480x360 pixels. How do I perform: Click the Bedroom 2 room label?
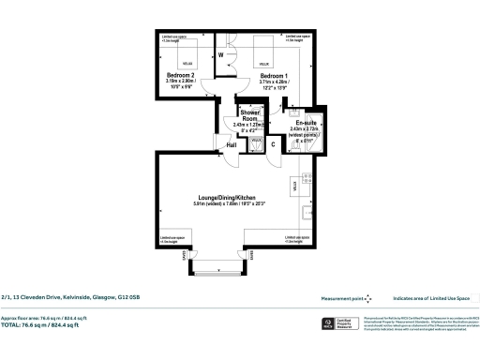click(181, 74)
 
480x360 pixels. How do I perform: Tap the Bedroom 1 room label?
click(274, 74)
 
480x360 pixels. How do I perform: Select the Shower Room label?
click(250, 115)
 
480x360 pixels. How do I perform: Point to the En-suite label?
click(304, 122)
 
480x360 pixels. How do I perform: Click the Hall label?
click(231, 145)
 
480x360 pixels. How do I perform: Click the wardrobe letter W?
click(220, 54)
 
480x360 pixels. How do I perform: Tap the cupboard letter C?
click(272, 143)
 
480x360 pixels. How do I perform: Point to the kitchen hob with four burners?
click(307, 176)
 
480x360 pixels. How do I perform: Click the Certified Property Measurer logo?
click(327, 324)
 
